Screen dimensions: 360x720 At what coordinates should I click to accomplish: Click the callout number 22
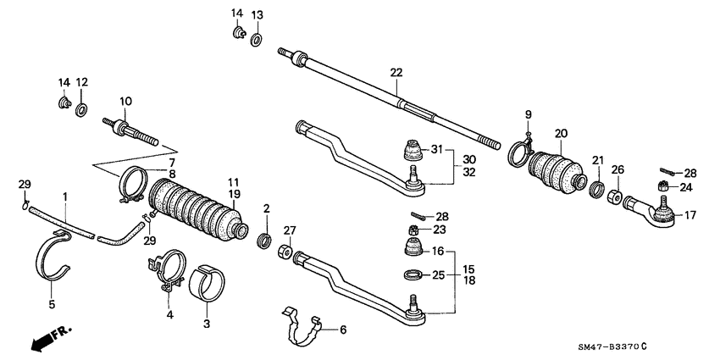pyautogui.click(x=396, y=73)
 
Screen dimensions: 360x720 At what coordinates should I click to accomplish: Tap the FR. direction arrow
pyautogui.click(x=51, y=338)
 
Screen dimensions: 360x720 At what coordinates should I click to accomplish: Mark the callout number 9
pyautogui.click(x=527, y=114)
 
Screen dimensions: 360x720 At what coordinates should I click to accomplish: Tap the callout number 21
pyautogui.click(x=597, y=160)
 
